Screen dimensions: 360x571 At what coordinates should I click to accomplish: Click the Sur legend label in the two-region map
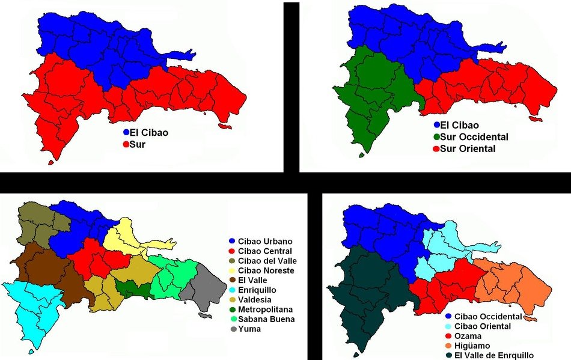138,145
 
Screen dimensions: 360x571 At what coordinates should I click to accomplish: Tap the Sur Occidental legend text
474,137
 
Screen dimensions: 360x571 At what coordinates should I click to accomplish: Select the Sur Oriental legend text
468,148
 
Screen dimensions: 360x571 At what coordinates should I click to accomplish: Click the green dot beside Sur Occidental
436,137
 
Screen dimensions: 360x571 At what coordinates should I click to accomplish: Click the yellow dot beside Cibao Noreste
232,270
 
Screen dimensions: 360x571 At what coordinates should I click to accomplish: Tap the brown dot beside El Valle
232,280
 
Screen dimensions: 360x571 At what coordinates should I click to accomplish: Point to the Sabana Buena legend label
266,319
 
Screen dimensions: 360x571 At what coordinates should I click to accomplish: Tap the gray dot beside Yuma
232,329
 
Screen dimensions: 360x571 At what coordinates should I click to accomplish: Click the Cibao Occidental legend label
488,316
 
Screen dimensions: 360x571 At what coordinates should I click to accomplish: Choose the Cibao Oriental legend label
483,326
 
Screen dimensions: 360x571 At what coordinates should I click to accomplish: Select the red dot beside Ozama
448,336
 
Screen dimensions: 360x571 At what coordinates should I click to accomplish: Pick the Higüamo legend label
473,346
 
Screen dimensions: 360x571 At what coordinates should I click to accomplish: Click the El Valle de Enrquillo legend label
494,355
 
